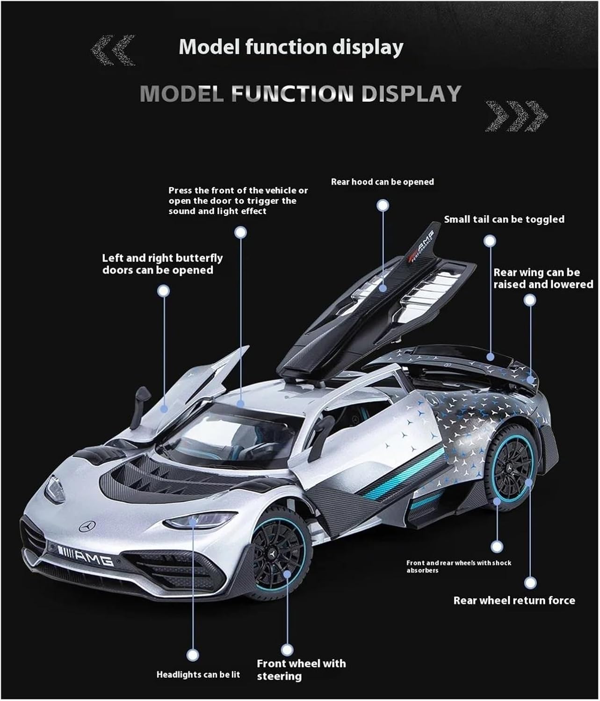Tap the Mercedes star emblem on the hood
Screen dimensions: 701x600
[87, 527]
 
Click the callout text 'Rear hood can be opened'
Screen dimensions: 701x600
[382, 182]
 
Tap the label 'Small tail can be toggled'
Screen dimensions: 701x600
[504, 219]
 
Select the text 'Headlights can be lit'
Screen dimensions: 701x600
[198, 674]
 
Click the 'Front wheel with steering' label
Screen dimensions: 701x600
[301, 669]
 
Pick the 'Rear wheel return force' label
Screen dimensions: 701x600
[514, 601]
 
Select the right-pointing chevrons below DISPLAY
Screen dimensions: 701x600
[516, 115]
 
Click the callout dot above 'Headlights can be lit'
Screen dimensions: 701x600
[193, 655]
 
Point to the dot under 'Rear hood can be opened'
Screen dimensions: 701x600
[383, 205]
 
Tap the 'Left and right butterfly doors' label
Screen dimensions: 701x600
[162, 264]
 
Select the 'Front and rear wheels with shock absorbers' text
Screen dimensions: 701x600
[458, 566]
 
